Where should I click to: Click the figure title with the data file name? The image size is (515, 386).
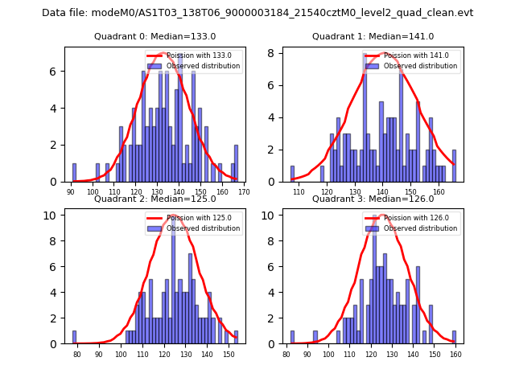tap(257, 13)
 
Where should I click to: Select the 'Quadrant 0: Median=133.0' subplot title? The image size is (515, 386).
tap(155, 36)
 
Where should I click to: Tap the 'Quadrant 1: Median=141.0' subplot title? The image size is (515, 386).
tap(373, 36)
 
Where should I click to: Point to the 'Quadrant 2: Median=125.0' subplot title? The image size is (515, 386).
tap(155, 199)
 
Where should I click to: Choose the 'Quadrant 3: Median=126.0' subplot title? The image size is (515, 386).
tap(373, 199)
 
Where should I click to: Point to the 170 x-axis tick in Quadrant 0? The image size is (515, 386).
tap(244, 191)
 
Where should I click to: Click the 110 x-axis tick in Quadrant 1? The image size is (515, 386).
tap(299, 191)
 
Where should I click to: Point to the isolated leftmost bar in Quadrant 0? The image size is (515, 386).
tap(74, 173)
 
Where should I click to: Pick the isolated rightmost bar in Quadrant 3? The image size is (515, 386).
tap(454, 337)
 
